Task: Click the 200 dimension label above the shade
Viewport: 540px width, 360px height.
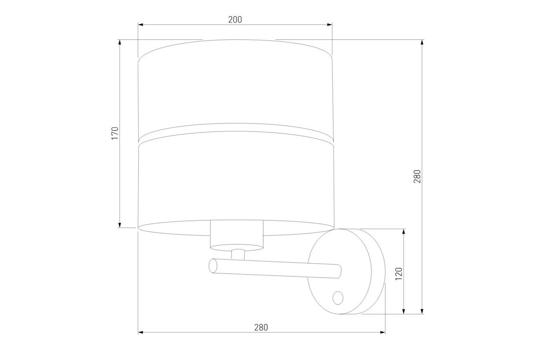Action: click(235, 19)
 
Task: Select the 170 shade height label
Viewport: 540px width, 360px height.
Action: click(115, 133)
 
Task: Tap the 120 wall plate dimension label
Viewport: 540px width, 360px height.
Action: click(399, 274)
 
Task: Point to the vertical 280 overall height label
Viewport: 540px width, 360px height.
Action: click(417, 176)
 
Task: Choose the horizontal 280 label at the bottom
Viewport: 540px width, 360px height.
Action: click(261, 328)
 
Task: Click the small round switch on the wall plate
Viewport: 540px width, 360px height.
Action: click(338, 298)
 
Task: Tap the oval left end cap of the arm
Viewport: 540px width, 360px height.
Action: click(213, 266)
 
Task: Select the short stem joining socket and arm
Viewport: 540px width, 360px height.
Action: click(238, 255)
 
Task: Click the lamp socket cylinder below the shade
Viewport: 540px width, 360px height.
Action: click(237, 235)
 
